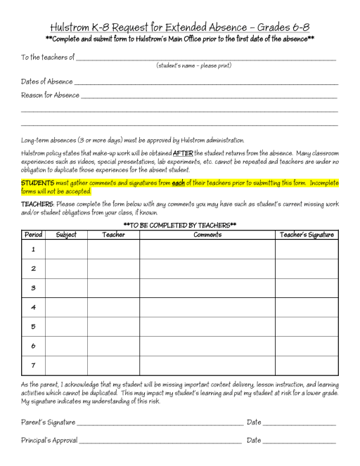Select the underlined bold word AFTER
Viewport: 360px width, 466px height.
click(183, 153)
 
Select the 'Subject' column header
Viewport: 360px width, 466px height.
click(66, 235)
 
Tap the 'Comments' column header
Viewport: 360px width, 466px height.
click(207, 235)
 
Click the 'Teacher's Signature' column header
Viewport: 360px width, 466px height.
click(307, 235)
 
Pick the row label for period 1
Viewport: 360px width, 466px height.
click(33, 249)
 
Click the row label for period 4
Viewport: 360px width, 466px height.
click(33, 307)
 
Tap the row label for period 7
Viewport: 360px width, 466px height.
click(33, 365)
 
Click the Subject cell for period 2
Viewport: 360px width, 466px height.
click(66, 268)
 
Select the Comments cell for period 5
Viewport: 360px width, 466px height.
click(207, 327)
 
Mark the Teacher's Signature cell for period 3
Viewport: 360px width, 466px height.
click(307, 288)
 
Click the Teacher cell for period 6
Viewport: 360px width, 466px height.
click(113, 346)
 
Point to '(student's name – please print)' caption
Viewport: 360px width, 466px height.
click(193, 65)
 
